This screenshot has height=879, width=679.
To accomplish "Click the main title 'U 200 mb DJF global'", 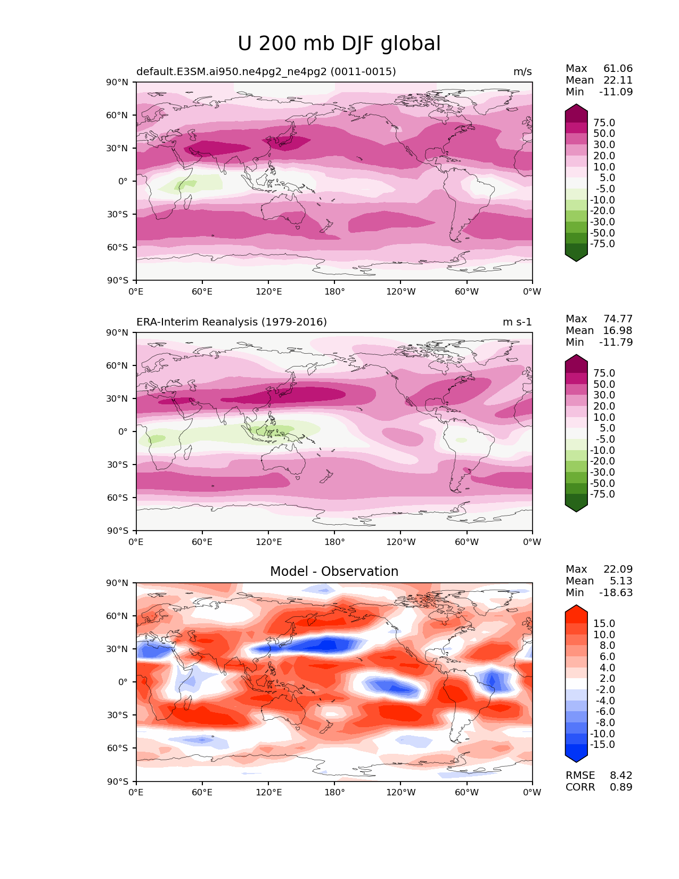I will [x=339, y=44].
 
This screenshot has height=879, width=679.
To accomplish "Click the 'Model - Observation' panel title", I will [x=334, y=572].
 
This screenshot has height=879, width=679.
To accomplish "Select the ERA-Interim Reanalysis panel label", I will [x=232, y=322].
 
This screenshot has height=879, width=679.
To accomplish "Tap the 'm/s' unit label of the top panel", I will [x=522, y=72].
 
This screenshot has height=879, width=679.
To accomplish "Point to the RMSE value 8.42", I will [x=621, y=776].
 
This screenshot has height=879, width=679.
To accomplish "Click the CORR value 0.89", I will [x=621, y=787].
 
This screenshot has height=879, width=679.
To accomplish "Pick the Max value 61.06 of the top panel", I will [x=618, y=69].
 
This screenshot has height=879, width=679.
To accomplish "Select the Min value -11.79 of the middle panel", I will [x=616, y=343].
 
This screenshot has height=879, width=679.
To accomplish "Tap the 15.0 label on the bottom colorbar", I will [x=604, y=624].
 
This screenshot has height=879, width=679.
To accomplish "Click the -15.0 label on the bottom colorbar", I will [x=602, y=745].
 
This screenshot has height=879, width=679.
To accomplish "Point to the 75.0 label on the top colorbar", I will [x=604, y=123].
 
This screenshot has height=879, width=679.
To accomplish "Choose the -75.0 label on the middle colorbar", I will [x=602, y=494].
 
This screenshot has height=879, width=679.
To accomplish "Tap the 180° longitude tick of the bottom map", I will [x=334, y=793].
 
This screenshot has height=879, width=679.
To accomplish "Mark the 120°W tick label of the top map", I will [x=401, y=292].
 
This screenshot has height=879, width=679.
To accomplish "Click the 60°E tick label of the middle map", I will [x=202, y=542].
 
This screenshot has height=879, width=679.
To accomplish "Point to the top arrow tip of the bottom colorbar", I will [x=576, y=606].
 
